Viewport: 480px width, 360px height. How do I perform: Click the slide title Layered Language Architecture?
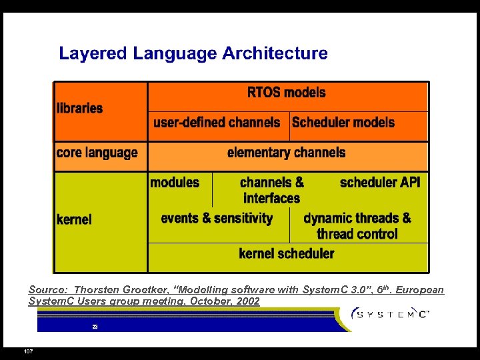[193, 53]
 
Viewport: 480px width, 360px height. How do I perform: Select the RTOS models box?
[287, 93]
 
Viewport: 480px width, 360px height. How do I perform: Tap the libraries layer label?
[79, 108]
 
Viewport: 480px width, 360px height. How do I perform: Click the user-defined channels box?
[217, 123]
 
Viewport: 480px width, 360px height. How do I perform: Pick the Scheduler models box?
[343, 123]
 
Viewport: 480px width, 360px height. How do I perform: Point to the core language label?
[97, 153]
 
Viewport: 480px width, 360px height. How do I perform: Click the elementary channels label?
[287, 153]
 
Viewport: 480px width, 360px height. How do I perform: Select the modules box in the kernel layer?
[175, 183]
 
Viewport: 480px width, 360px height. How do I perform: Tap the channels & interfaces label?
[272, 190]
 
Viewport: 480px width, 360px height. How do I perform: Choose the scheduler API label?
[380, 183]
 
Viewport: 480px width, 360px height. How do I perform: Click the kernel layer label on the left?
[74, 219]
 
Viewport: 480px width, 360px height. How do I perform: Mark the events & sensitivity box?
[217, 219]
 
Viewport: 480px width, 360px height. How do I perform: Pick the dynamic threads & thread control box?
[357, 226]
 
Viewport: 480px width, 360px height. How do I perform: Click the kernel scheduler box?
[287, 253]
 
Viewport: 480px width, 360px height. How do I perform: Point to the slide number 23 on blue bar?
[95, 327]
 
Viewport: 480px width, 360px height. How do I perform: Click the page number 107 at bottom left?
[28, 351]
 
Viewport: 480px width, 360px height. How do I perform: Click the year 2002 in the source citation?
[247, 301]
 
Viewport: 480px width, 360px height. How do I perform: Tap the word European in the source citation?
[419, 290]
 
